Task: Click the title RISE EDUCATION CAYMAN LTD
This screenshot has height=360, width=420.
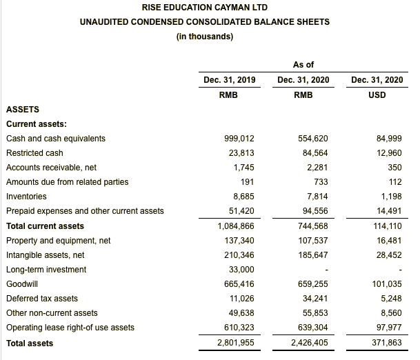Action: (205, 8)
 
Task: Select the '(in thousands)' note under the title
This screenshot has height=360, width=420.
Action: (205, 37)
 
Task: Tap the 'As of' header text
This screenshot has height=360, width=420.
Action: (303, 65)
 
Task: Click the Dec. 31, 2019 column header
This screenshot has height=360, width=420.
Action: (230, 80)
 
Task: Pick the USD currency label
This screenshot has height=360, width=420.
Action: (377, 94)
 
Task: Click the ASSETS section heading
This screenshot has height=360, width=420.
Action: (23, 109)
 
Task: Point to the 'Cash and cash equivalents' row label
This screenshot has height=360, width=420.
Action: (56, 138)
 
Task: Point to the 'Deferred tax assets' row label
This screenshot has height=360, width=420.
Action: (41, 299)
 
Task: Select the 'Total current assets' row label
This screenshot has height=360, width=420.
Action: (46, 226)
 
